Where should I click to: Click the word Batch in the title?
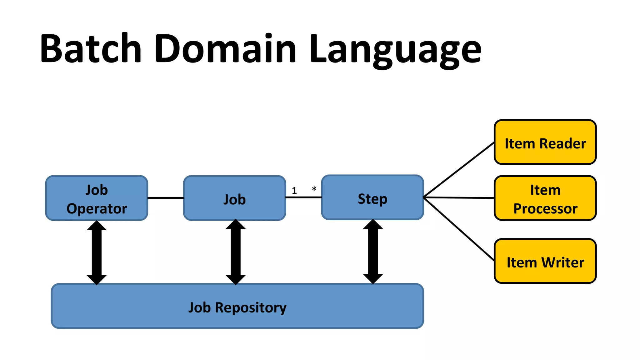tap(91, 48)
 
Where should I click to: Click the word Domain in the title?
tap(225, 48)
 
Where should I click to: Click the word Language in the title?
tap(395, 50)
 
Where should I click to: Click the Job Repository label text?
tap(237, 307)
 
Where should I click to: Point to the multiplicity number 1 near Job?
tap(294, 191)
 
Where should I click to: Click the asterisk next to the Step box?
tap(314, 189)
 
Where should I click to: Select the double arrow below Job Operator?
tap(97, 252)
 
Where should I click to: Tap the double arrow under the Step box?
tap(373, 251)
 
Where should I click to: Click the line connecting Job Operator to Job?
tap(165, 198)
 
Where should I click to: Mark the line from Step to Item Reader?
tap(459, 170)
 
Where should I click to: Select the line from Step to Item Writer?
tap(459, 229)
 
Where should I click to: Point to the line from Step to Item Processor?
tap(459, 197)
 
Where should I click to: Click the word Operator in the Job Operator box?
tap(97, 209)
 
